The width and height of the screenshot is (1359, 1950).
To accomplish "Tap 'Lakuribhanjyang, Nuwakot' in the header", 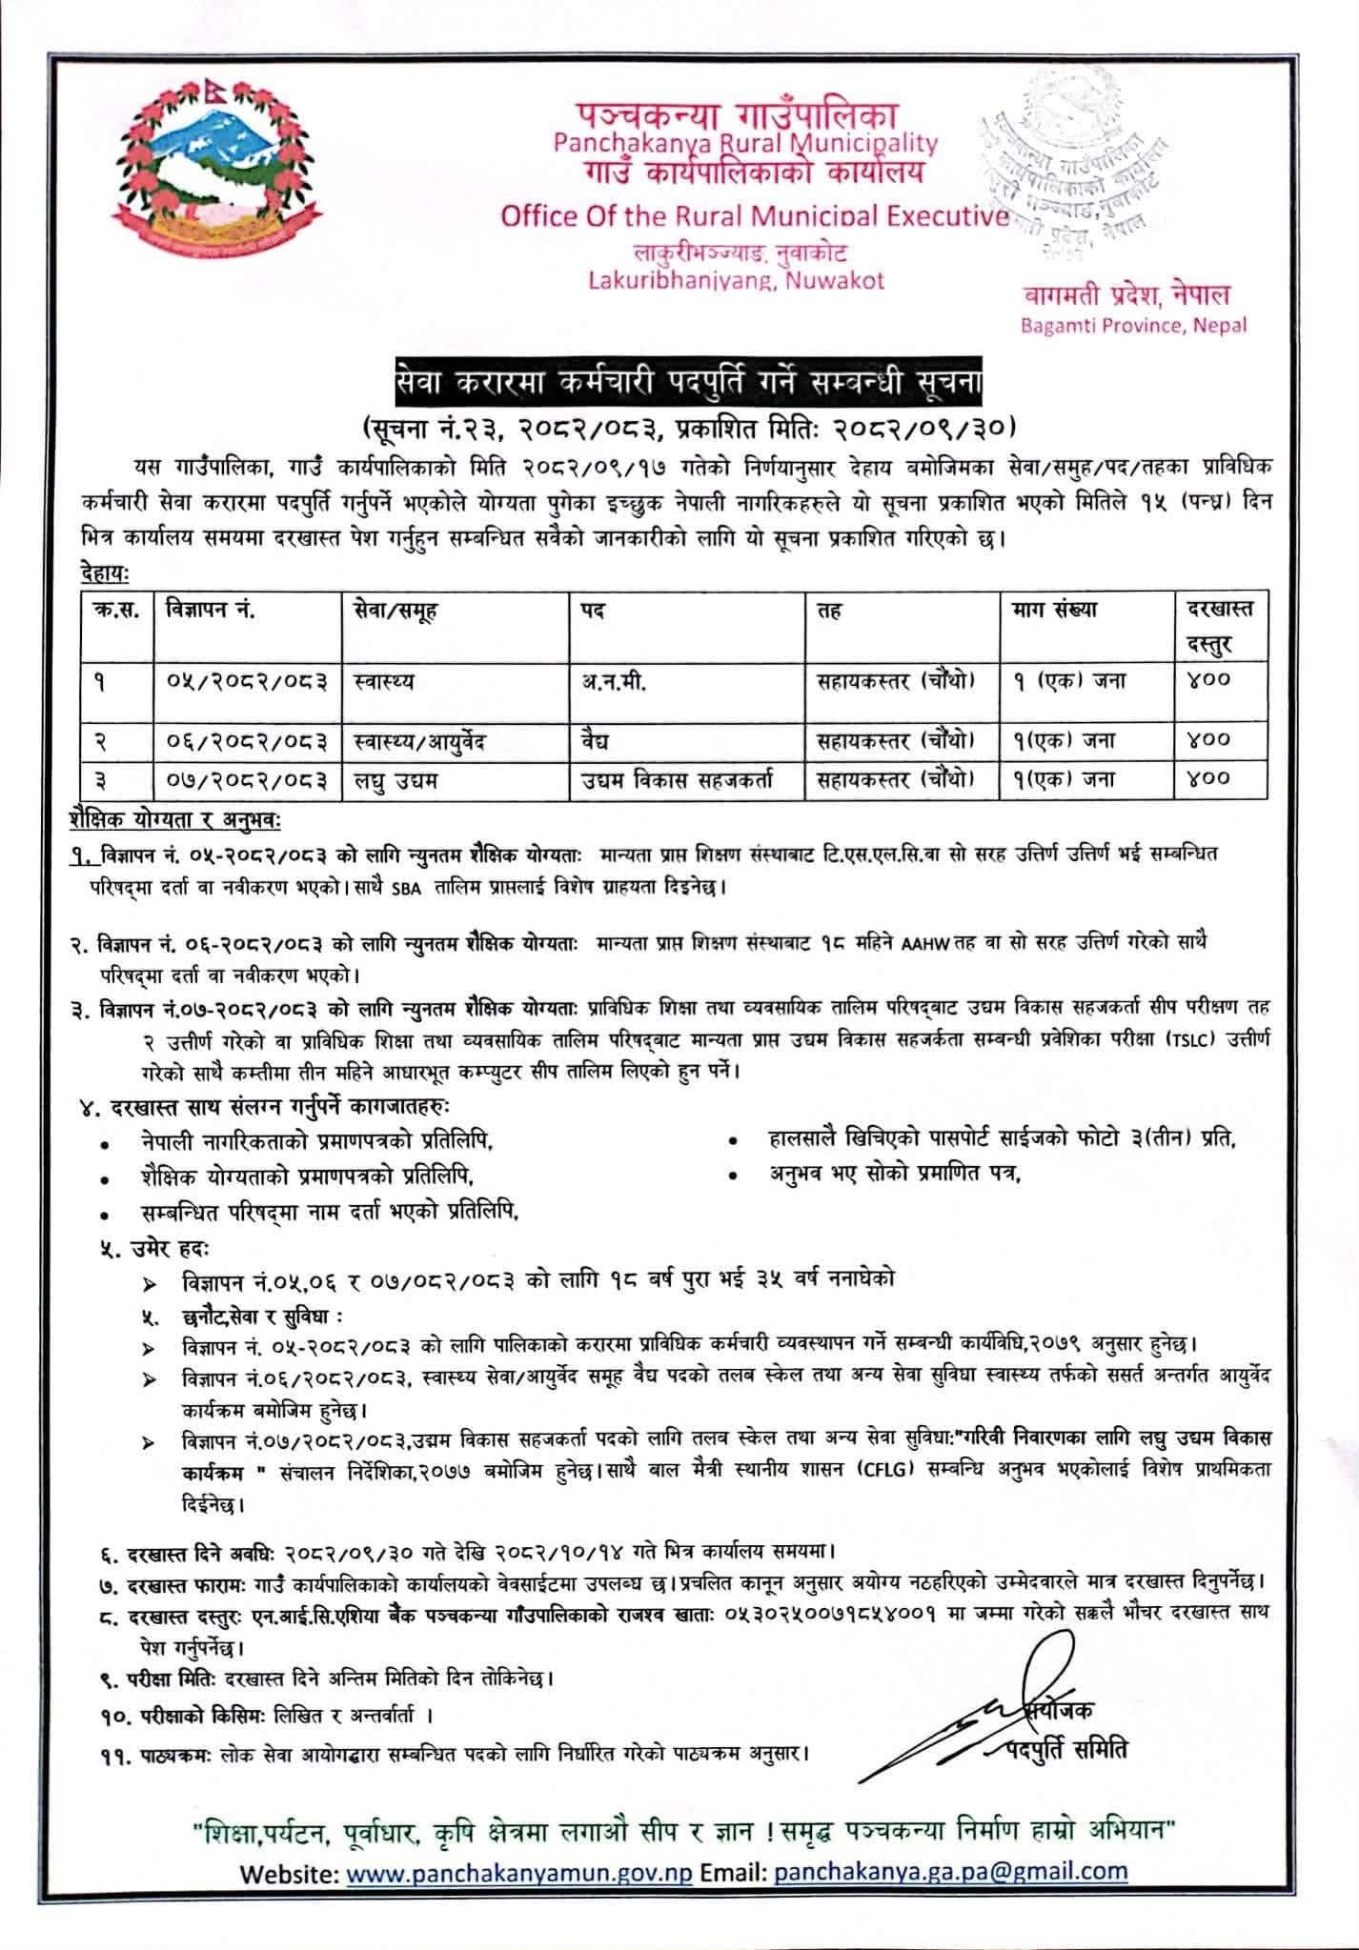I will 735,280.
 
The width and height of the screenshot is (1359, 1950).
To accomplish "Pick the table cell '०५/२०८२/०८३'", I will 247,681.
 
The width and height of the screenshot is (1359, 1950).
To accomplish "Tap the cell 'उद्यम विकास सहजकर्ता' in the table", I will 678,779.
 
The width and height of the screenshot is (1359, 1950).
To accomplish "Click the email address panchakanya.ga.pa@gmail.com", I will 951,1895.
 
